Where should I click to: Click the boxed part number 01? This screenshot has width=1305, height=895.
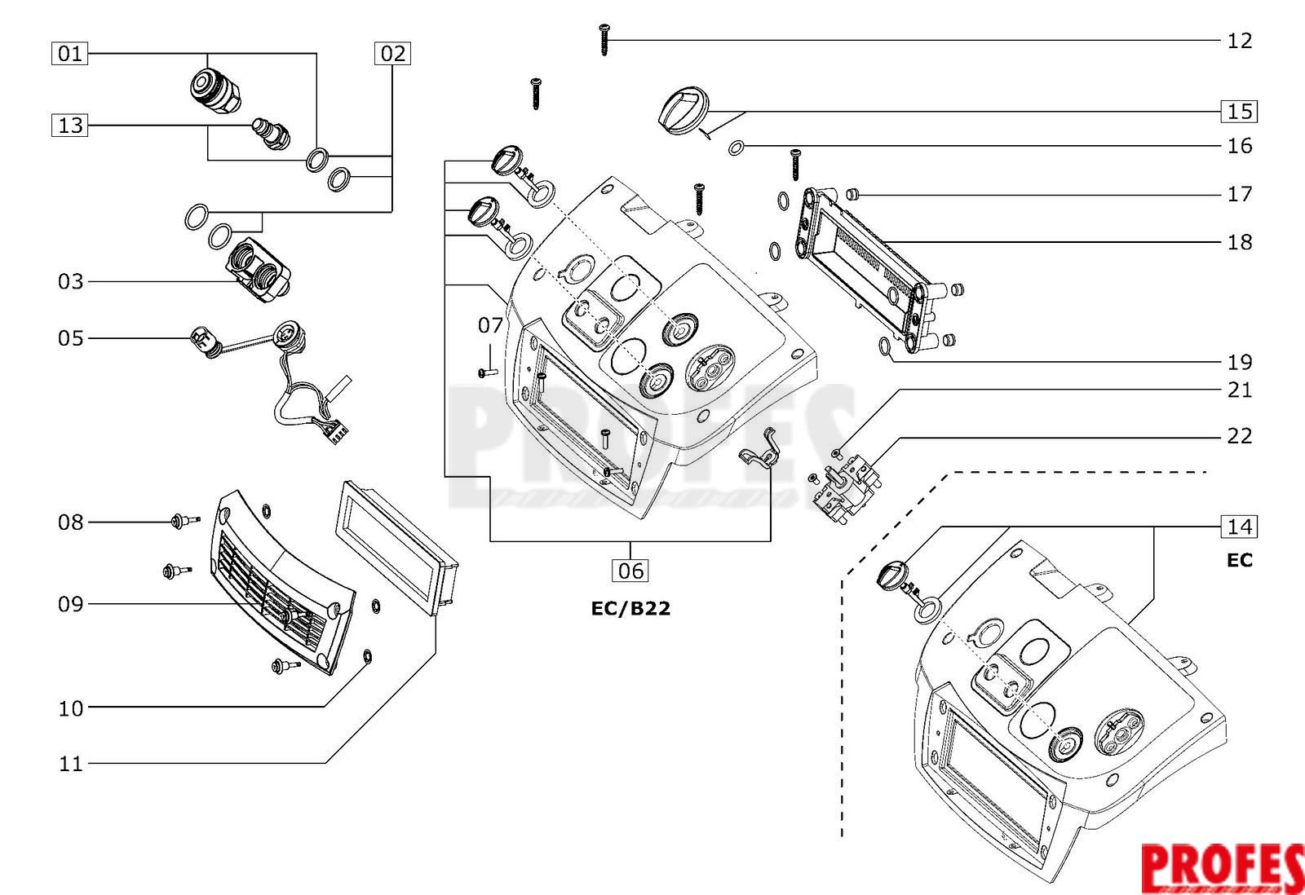[70, 54]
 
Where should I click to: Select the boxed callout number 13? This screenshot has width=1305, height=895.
[70, 126]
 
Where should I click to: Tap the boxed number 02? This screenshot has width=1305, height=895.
[392, 54]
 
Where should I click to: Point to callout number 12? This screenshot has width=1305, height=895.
[1240, 41]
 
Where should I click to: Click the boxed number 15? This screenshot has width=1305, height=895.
[1239, 111]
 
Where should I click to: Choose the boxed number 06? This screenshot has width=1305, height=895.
[630, 570]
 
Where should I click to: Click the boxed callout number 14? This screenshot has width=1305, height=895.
[1239, 527]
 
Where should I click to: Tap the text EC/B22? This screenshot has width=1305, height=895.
[630, 609]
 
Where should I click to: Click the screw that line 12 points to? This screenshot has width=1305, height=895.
[604, 40]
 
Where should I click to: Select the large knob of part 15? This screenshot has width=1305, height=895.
[683, 111]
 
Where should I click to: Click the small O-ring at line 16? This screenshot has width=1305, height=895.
[737, 148]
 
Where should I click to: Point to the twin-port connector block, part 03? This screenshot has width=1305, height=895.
[259, 269]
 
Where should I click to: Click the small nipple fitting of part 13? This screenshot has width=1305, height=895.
[271, 135]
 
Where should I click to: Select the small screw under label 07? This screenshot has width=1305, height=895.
[486, 373]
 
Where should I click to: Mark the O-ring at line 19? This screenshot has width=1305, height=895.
[884, 346]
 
